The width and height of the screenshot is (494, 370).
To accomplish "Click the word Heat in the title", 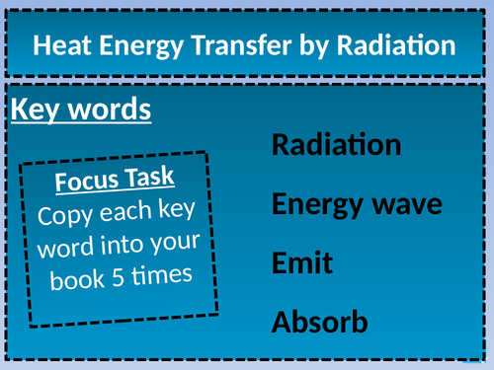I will (62, 45).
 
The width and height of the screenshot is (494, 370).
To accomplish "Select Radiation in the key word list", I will (336, 145).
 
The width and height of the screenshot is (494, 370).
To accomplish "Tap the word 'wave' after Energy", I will (406, 205).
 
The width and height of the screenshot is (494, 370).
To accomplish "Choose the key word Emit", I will (301, 263).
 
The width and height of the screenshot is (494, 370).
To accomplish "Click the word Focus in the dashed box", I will (86, 184).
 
